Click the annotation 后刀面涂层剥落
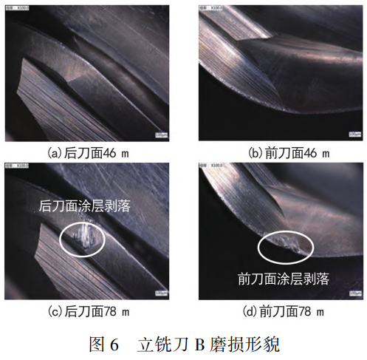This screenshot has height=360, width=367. [x=84, y=207]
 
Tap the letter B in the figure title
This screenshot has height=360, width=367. [x=198, y=344]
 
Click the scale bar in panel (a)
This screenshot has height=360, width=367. [x=162, y=135]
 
